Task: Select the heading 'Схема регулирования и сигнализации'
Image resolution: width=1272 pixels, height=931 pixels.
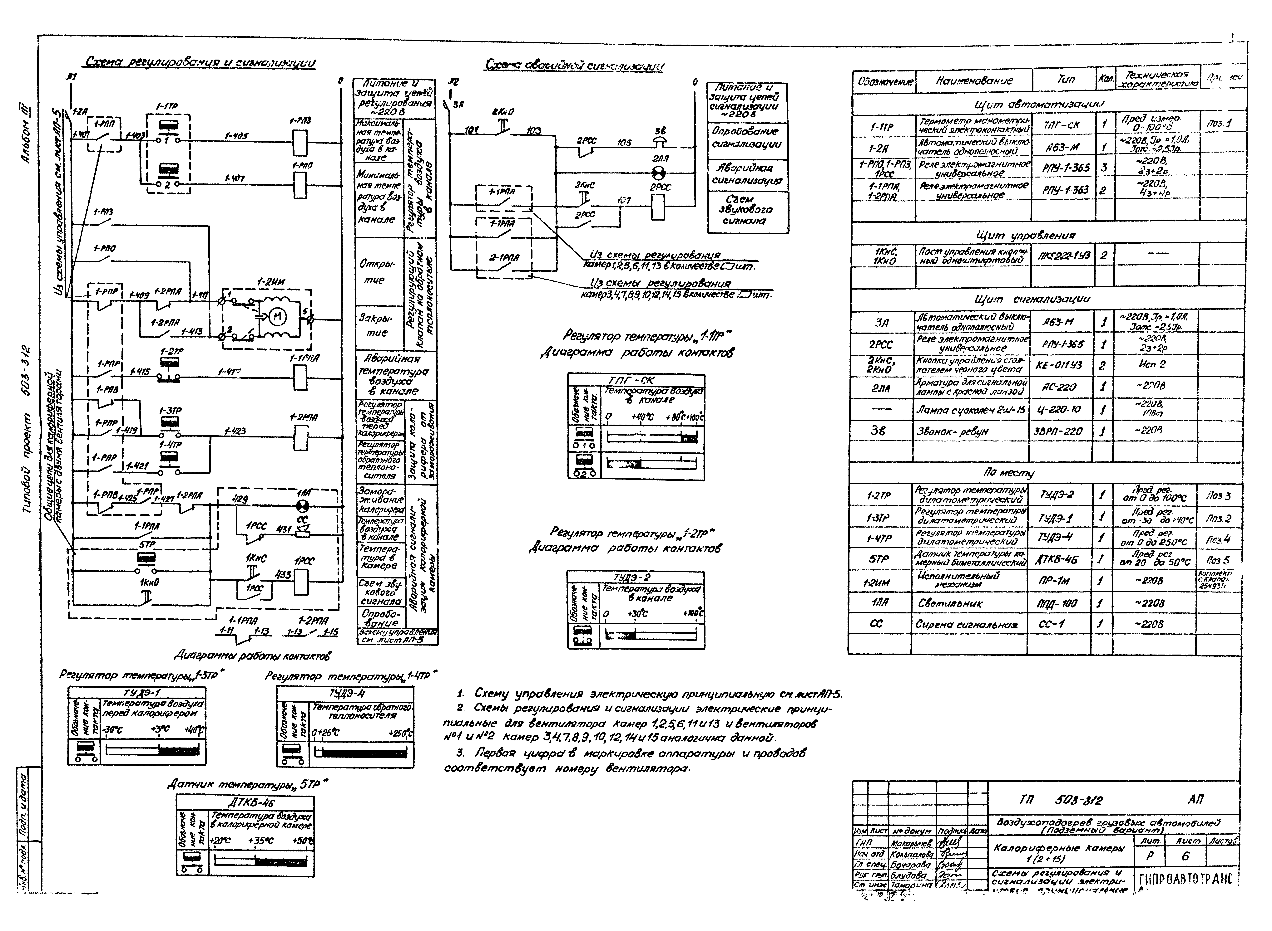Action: coord(200,63)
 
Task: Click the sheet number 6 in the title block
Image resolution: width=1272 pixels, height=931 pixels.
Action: coord(1185,856)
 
